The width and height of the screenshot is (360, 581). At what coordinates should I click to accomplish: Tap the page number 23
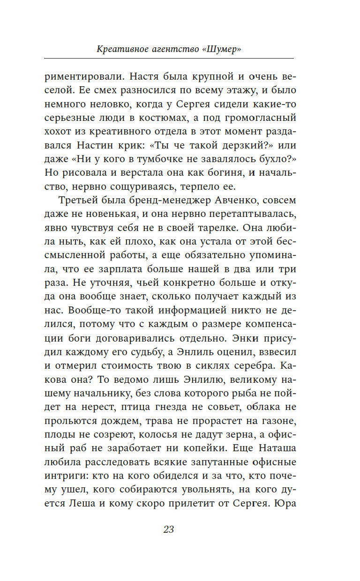click(169, 529)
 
